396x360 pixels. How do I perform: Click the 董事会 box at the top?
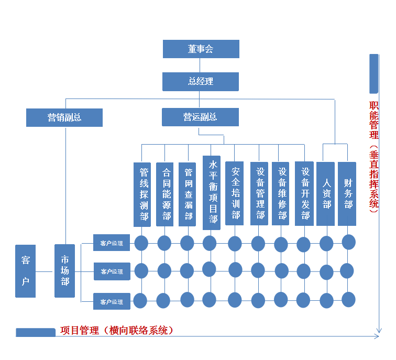coord(201,49)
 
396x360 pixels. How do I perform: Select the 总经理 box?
coord(201,81)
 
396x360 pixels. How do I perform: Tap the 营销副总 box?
coord(64,117)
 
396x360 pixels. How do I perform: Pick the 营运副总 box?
coord(200,117)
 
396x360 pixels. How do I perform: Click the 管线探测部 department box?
coord(144,194)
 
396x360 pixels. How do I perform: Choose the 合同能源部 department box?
coord(166,194)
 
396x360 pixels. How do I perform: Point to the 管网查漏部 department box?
coord(189,194)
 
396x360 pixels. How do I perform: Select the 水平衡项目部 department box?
coord(212,192)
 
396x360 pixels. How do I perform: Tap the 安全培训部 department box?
coord(235,193)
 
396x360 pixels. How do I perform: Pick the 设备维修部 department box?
coord(282,193)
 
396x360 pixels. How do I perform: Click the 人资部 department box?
coord(326,193)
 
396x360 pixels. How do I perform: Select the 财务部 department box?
coord(348,193)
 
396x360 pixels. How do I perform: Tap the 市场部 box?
coord(65,270)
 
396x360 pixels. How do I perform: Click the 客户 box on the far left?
coord(25,270)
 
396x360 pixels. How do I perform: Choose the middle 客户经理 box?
coord(112,271)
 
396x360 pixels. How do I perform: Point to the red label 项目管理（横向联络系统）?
coord(116,331)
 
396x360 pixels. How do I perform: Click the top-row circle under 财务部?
coord(349,242)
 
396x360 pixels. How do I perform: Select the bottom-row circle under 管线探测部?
coord(140,301)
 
